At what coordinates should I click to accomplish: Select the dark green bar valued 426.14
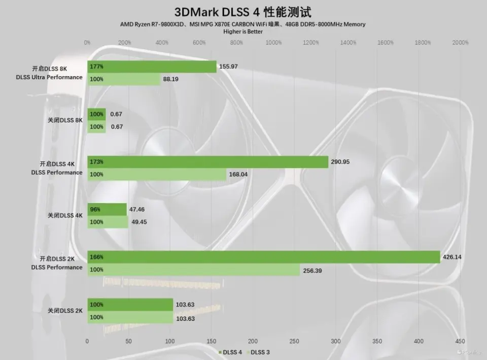tap(263, 257)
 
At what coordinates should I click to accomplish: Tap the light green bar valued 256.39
tap(193, 270)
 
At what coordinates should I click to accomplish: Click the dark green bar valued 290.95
tap(207, 162)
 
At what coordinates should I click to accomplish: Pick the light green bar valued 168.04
tap(157, 175)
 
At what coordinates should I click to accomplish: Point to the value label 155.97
tap(228, 67)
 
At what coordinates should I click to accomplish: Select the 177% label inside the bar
tap(96, 67)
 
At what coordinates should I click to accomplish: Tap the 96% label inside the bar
tap(95, 209)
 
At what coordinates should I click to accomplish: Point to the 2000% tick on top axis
tap(460, 43)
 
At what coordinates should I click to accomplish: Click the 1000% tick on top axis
tap(273, 43)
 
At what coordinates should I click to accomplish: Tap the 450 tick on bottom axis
tap(460, 341)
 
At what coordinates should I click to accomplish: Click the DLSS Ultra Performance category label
tap(56, 77)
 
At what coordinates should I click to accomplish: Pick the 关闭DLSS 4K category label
tap(65, 215)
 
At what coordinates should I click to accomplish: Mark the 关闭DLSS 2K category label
tap(65, 310)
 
